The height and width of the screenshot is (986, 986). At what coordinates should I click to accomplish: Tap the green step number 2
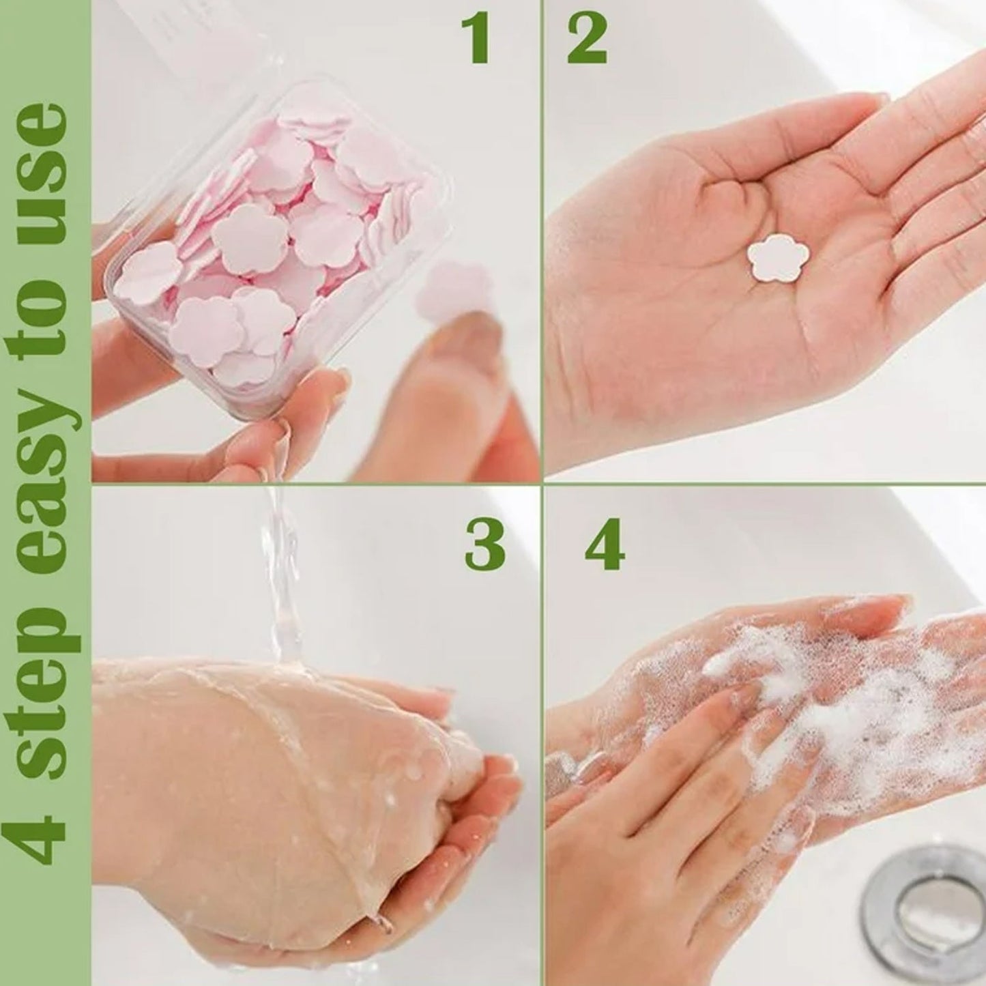pos(587,39)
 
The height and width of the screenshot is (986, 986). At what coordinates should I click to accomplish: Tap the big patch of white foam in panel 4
pos(853,716)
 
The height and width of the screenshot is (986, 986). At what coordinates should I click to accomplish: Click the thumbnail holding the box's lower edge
pos(273,437)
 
